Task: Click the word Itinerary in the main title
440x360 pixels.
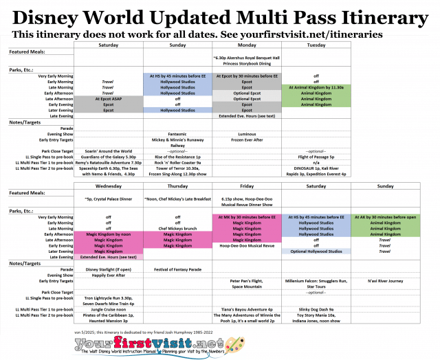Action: click(x=377, y=15)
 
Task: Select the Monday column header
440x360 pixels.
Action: click(x=245, y=46)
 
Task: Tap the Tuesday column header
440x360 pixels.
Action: click(x=316, y=46)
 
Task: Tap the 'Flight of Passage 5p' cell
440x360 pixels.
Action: click(x=316, y=157)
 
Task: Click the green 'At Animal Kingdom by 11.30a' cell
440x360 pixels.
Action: click(x=316, y=87)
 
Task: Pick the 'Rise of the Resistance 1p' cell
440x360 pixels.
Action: click(x=177, y=157)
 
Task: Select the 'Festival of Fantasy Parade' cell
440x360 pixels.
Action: click(x=177, y=269)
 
